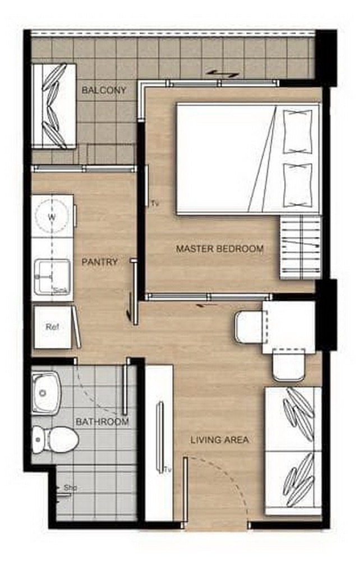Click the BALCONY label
click(x=104, y=90)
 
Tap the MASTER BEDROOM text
click(x=220, y=249)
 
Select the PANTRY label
click(x=100, y=262)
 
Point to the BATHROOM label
click(x=102, y=421)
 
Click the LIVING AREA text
click(x=219, y=440)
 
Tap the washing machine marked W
click(x=52, y=216)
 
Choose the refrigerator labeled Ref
click(x=53, y=327)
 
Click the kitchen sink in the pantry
click(x=52, y=275)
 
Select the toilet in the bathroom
click(x=55, y=439)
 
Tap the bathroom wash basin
click(x=46, y=393)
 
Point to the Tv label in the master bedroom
click(x=154, y=204)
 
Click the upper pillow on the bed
click(x=297, y=132)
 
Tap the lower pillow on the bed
click(x=297, y=185)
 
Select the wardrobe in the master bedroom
click(x=301, y=247)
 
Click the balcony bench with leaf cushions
click(x=54, y=106)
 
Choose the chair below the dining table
click(x=289, y=365)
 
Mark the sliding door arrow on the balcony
click(x=223, y=73)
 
